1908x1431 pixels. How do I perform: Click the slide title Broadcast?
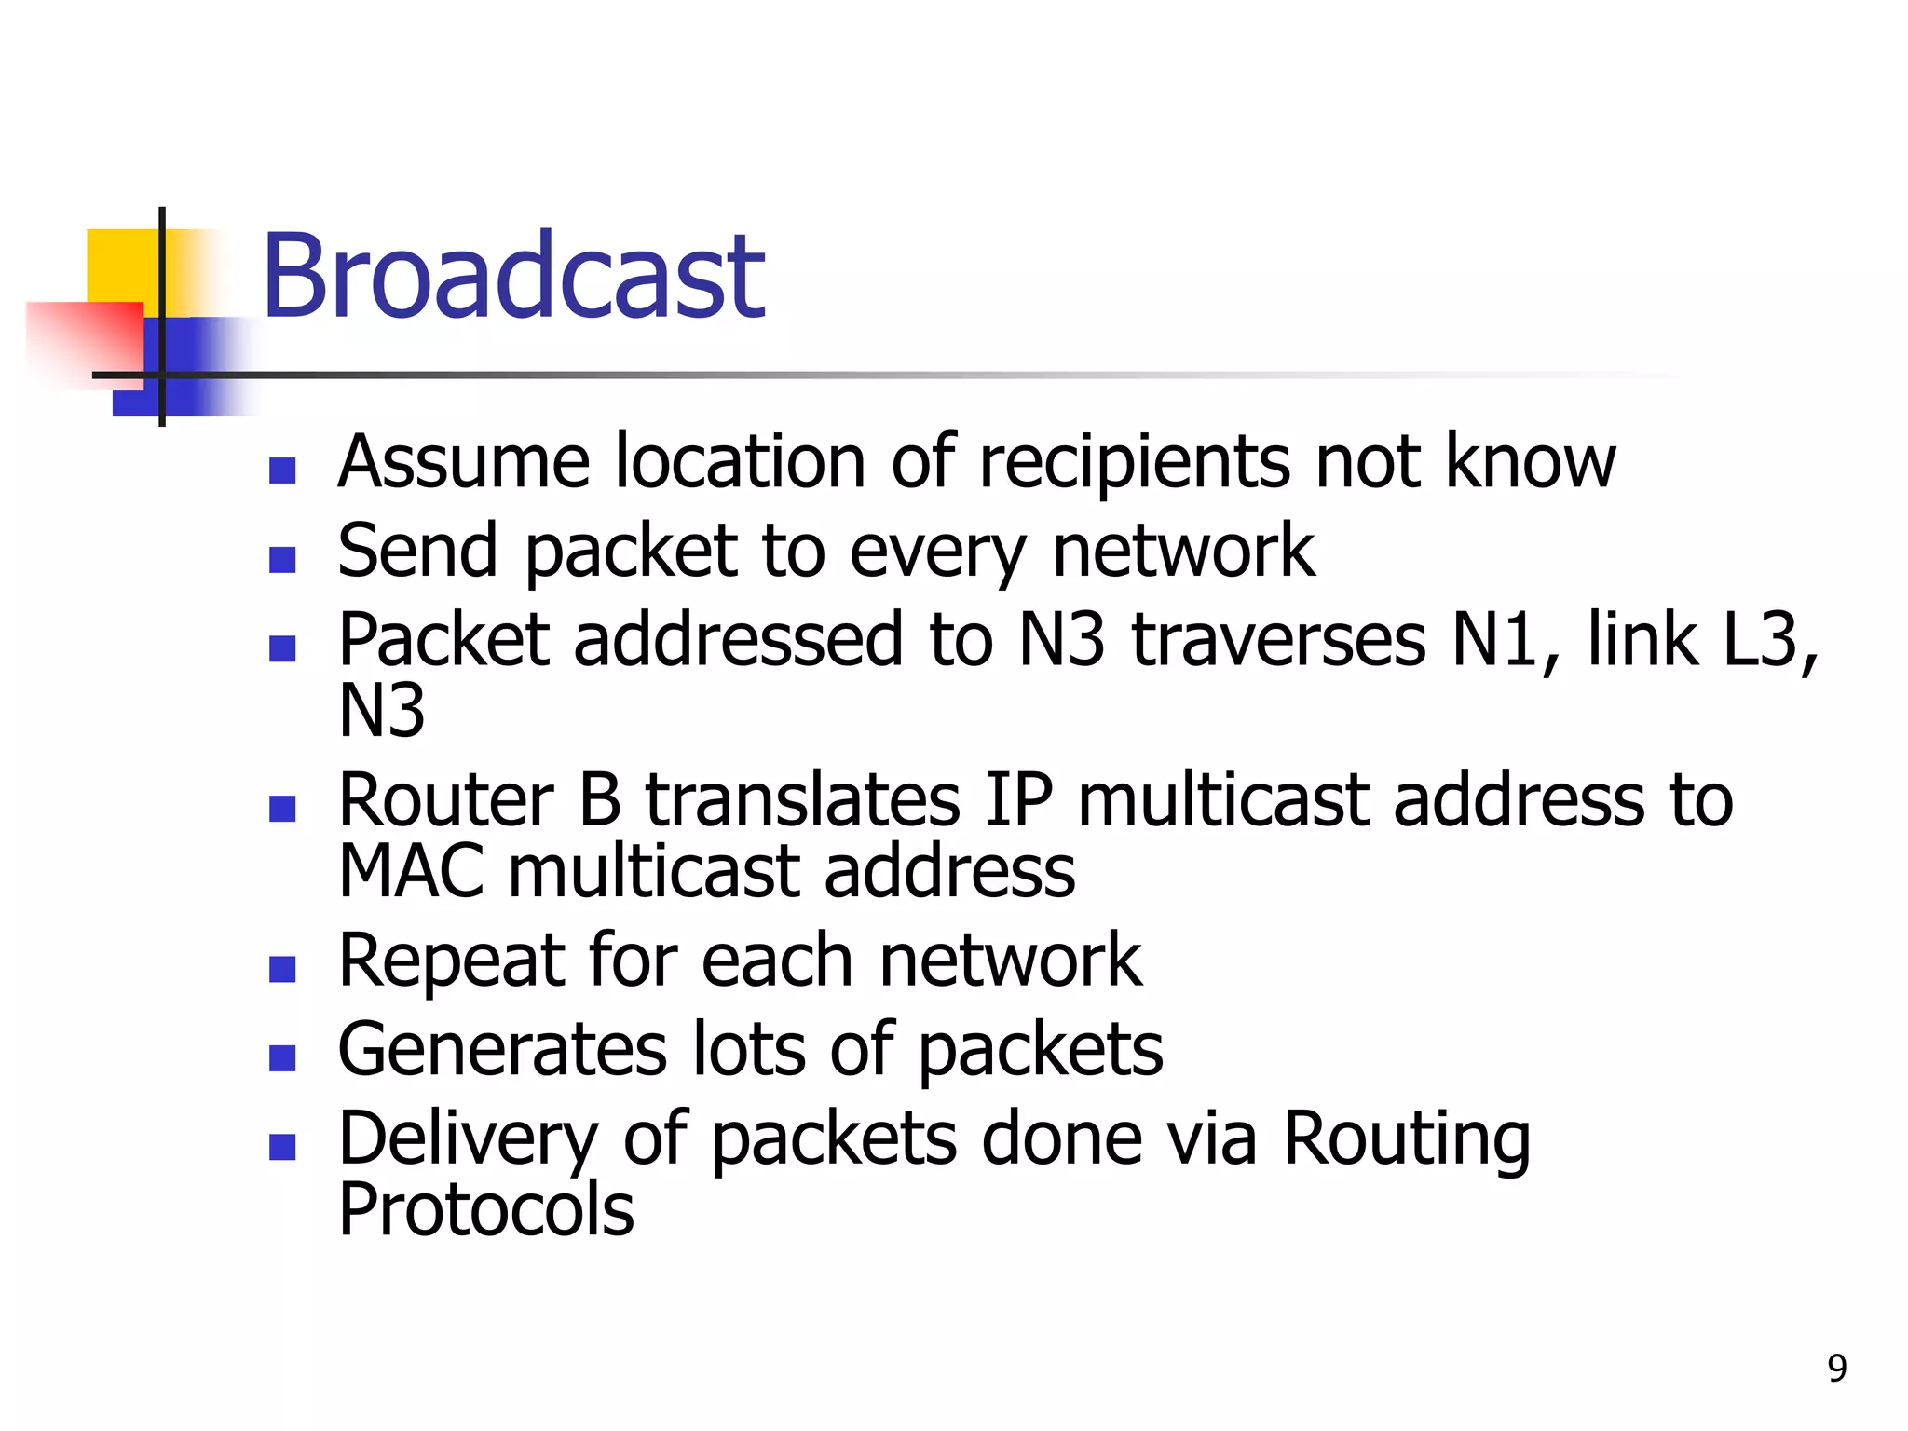(x=513, y=277)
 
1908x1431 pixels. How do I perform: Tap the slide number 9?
(x=1836, y=1368)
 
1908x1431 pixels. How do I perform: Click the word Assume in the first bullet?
(x=464, y=462)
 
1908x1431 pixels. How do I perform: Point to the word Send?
(x=417, y=552)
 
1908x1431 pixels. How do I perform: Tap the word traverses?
(x=1279, y=640)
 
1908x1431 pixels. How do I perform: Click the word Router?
(x=446, y=800)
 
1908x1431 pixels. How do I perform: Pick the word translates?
(x=803, y=800)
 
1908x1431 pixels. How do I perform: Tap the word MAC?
(x=411, y=872)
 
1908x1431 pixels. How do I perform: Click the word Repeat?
(x=451, y=961)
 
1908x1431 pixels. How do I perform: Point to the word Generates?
(x=502, y=1050)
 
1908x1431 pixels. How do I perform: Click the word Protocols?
(x=485, y=1210)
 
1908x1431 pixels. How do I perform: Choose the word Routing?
(x=1407, y=1139)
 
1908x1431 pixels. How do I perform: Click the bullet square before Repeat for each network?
(x=282, y=969)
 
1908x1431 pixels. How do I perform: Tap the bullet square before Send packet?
(x=282, y=559)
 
